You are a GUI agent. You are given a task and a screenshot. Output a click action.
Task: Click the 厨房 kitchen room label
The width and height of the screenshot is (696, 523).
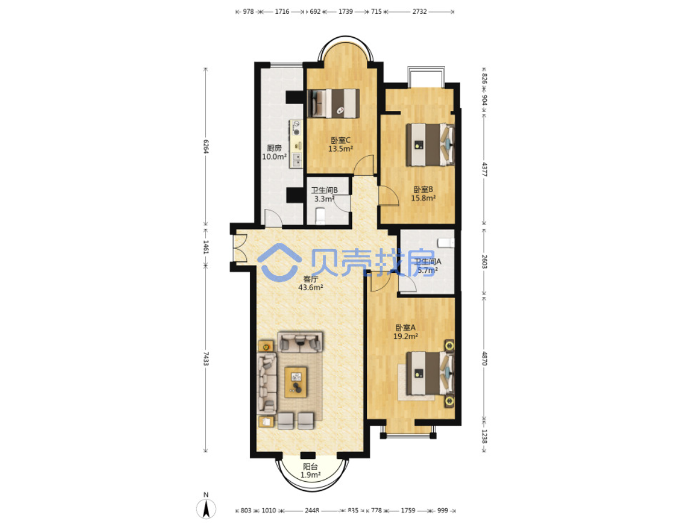tap(274, 148)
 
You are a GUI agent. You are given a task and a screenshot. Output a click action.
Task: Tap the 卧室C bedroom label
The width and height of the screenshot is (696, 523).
tap(340, 140)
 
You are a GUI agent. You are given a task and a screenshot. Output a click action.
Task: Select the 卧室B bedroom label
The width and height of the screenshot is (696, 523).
tap(423, 189)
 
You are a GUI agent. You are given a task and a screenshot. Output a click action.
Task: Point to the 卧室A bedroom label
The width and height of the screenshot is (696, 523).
tap(405, 327)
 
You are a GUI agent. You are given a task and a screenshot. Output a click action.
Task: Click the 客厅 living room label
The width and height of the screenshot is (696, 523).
tap(310, 279)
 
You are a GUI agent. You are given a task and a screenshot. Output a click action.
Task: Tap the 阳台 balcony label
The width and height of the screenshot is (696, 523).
tap(310, 467)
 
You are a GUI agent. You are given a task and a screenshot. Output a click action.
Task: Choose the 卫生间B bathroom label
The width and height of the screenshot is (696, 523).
tap(324, 190)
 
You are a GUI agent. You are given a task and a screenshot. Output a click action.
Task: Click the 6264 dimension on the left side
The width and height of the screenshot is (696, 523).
tap(206, 146)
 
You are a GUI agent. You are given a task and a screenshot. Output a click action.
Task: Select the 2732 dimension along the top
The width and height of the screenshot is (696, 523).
tap(419, 12)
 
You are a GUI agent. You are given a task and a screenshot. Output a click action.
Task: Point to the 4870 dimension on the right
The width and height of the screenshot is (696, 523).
tap(484, 358)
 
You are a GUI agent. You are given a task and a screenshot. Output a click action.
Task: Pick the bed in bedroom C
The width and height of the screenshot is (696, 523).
tap(333, 103)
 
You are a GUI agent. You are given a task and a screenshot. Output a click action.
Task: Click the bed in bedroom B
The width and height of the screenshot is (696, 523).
tap(430, 145)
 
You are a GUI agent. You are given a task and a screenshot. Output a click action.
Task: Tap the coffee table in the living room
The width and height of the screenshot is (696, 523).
tap(295, 382)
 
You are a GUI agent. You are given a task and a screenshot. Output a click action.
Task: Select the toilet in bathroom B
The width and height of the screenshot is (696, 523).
tap(321, 216)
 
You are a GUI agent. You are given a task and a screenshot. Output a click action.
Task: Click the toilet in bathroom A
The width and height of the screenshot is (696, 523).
tap(446, 243)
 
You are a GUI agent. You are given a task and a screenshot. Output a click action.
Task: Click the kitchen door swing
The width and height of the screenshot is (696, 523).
tap(273, 218)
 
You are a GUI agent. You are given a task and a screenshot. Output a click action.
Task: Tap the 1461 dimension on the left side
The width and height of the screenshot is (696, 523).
tap(206, 247)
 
